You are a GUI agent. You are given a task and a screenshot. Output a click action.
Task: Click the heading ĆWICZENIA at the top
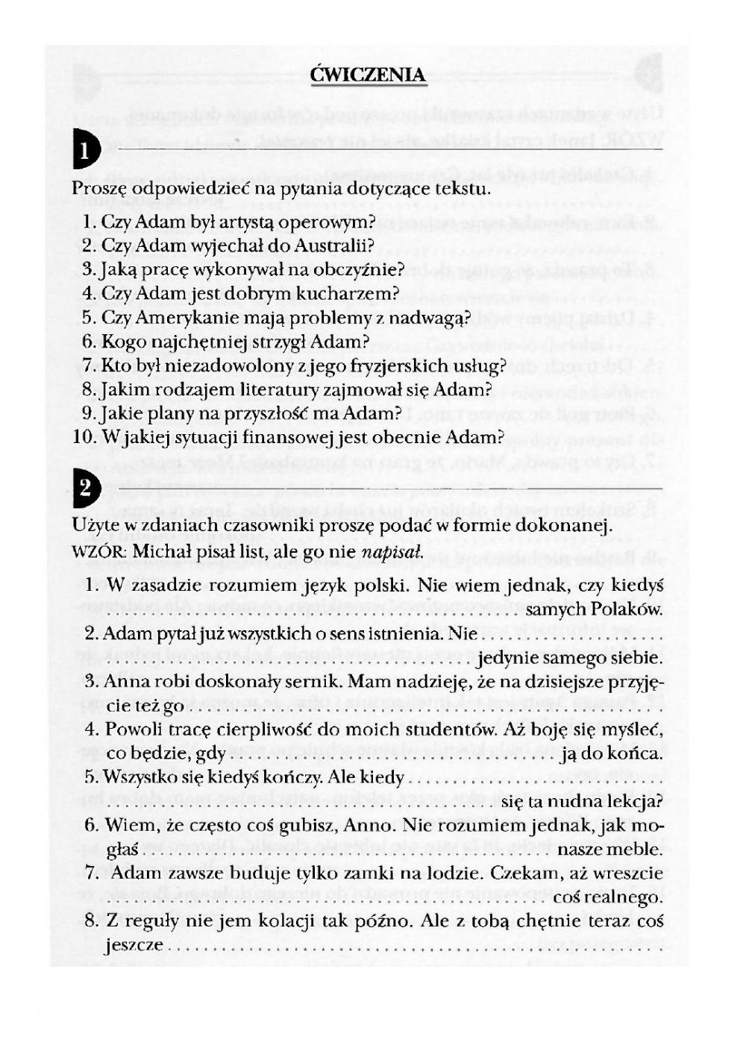pos(369,75)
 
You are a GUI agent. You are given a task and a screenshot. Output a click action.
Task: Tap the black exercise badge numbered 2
pos(84,489)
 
